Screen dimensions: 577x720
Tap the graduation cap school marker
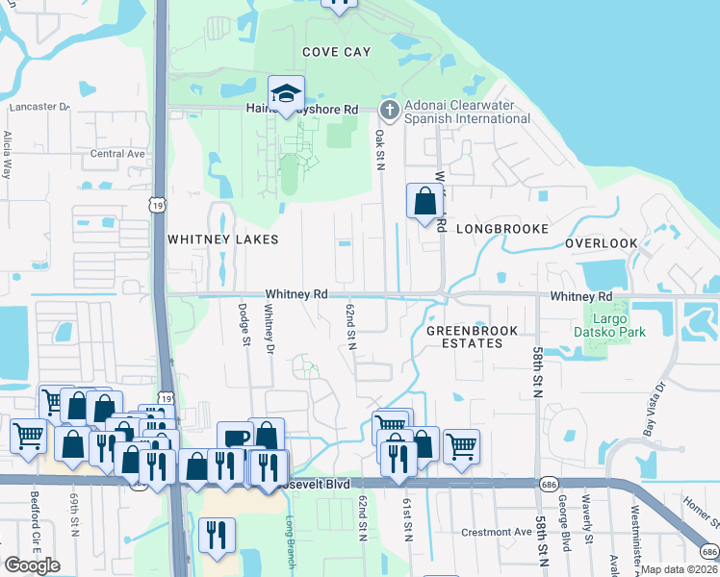[286, 94]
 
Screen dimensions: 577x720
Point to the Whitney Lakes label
[222, 239]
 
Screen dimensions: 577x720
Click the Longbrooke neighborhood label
[501, 229]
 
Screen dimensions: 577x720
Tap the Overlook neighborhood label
[602, 243]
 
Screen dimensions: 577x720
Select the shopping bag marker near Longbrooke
[424, 202]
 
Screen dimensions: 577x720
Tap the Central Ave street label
[117, 154]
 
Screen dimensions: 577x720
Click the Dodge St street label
[245, 325]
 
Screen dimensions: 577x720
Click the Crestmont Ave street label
[497, 532]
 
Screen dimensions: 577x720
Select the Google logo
[32, 565]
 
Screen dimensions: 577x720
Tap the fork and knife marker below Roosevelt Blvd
[217, 536]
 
